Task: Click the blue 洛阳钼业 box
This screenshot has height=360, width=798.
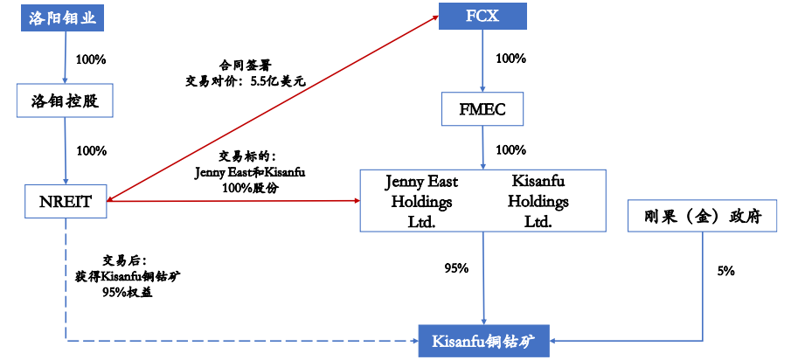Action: [65, 17]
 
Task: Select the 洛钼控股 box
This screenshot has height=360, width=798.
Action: [66, 101]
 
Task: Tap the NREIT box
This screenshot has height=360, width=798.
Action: [66, 200]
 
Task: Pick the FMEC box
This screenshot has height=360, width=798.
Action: [482, 110]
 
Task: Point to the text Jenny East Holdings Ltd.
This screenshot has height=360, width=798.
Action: [421, 201]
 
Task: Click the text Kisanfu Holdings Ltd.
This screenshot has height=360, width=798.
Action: [538, 201]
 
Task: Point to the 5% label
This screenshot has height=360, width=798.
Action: [725, 271]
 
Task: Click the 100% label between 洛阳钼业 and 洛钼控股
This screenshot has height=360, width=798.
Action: [91, 59]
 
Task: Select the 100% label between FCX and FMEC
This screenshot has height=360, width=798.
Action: [510, 59]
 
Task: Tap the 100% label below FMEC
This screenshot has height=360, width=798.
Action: [510, 149]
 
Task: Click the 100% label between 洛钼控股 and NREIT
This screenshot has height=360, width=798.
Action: [91, 150]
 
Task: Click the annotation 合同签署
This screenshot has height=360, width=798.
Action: [246, 65]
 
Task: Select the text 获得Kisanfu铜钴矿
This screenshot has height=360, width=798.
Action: [128, 276]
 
